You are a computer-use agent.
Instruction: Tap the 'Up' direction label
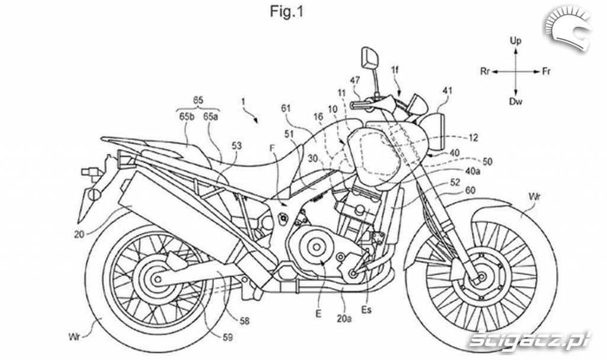point(516,40)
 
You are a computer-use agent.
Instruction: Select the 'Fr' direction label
point(546,71)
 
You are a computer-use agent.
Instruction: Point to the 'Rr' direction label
point(484,71)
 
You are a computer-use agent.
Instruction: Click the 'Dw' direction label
point(516,102)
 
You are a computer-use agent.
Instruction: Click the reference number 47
point(355,79)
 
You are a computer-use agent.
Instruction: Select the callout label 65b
point(187,117)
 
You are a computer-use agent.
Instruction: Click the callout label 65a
point(210,117)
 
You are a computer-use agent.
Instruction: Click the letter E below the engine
point(318,315)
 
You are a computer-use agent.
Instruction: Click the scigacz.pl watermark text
point(529,339)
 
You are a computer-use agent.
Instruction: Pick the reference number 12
point(473,138)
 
